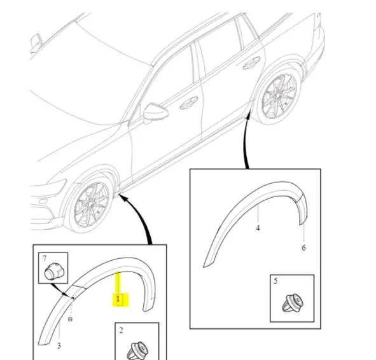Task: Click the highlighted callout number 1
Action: tap(118, 299)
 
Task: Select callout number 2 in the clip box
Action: tap(121, 331)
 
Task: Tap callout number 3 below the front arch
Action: tap(59, 345)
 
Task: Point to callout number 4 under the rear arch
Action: tap(258, 228)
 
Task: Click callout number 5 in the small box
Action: tap(275, 280)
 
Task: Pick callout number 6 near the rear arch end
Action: tap(303, 247)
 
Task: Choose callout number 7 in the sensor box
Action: tap(45, 259)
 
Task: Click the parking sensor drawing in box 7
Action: tap(54, 272)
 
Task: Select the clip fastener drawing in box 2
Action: tap(137, 351)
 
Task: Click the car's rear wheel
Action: tap(277, 96)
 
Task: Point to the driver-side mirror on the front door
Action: tap(155, 112)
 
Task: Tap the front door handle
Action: tap(189, 103)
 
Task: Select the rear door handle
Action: tap(251, 63)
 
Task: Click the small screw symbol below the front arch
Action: tap(70, 319)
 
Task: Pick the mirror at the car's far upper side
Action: tap(36, 43)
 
